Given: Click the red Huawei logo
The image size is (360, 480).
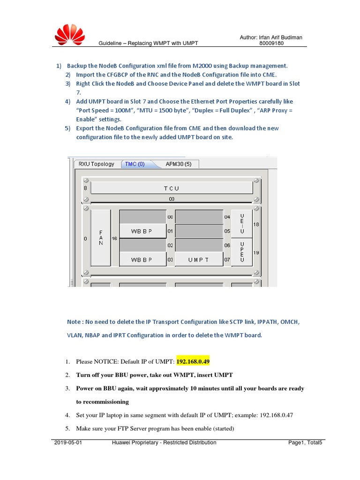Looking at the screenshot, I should coord(70,35).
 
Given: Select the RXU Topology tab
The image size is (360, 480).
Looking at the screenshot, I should coord(96,164).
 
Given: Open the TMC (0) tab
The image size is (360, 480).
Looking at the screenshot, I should coord(135,164).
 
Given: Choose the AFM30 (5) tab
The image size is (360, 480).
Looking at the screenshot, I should coord(179,164).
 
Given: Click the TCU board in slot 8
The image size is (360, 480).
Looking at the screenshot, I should coord(171,188).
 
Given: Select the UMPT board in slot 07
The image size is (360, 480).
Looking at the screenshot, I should coord(199,259).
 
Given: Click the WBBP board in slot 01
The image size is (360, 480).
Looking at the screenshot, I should coord(142,231).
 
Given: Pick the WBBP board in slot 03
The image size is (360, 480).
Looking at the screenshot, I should coord(142,259).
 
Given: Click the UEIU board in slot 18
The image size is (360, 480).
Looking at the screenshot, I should coord(242,224).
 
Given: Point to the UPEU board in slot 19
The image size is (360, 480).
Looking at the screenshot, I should coord(242,253).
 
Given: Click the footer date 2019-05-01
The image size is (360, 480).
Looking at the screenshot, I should coord(68,442).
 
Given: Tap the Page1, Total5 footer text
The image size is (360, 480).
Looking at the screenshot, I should coord(305,442).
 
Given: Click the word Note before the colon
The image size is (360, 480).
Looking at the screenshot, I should coord(74,322).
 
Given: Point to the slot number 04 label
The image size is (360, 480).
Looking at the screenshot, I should coord(227,217).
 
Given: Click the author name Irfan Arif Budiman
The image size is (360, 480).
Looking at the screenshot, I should coord(281,37).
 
